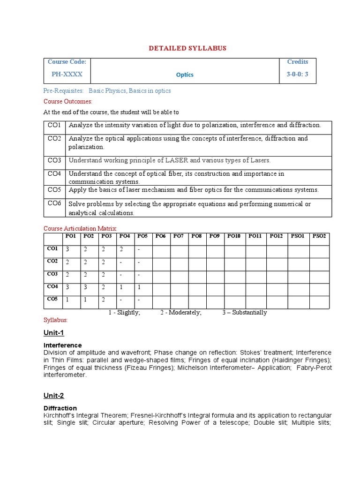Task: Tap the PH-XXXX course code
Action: tap(67, 74)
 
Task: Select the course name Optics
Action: tap(185, 75)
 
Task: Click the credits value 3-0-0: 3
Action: tap(298, 74)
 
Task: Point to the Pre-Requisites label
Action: tap(64, 90)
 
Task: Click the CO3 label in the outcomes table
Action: tap(54, 160)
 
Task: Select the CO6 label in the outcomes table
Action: tap(54, 203)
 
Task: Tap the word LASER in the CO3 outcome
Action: tap(176, 160)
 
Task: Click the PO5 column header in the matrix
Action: tap(142, 236)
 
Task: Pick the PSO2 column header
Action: tap(319, 236)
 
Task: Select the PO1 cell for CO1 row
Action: tap(67, 249)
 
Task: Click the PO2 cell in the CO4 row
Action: tap(85, 287)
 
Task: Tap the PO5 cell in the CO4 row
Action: tap(139, 287)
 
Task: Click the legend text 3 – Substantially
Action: tap(244, 313)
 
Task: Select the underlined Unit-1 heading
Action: tap(54, 333)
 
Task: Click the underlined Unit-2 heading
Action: tap(54, 396)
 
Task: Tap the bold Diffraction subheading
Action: tap(60, 408)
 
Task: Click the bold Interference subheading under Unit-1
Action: tap(62, 345)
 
